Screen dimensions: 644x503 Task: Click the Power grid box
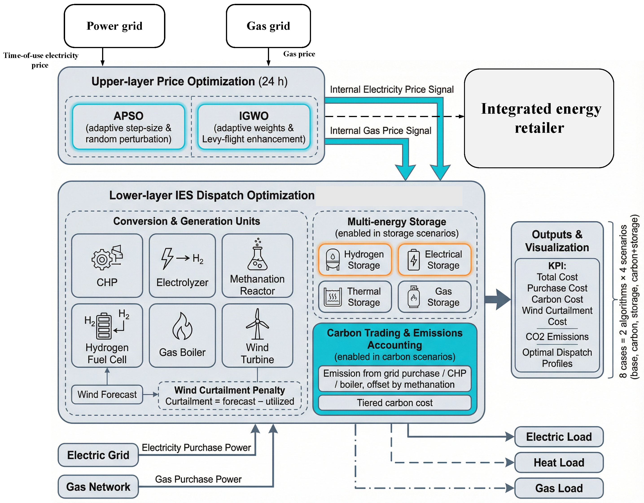[114, 26]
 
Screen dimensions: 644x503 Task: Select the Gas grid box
[268, 26]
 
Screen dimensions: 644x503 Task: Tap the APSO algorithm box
[129, 127]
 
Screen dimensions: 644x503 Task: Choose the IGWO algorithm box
[254, 127]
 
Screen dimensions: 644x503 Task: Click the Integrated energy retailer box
[539, 118]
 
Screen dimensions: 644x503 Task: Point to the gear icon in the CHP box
[102, 259]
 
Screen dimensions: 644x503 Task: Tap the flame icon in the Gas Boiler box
[182, 326]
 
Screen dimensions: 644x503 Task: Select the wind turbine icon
[257, 324]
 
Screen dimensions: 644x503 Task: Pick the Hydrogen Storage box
[355, 260]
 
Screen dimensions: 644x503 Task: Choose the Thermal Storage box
[355, 297]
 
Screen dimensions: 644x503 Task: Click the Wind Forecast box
[107, 394]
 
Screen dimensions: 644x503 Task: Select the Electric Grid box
[98, 455]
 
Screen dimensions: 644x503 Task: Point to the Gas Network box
[98, 487]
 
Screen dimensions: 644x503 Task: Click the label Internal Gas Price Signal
[380, 131]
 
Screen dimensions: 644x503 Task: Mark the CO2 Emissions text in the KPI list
[557, 337]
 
